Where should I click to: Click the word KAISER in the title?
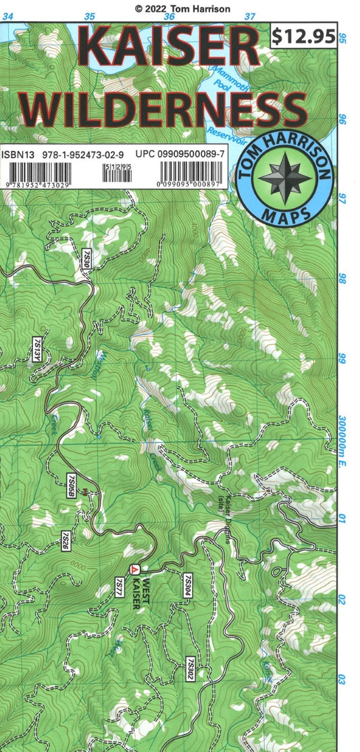point(169,49)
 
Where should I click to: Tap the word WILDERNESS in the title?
point(168,109)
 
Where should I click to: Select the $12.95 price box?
point(303,35)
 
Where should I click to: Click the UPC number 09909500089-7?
point(189,155)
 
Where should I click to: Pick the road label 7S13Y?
point(38,352)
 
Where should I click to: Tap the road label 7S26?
point(66,541)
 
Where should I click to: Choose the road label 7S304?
point(186,585)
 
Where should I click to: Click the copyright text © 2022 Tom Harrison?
point(182,8)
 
